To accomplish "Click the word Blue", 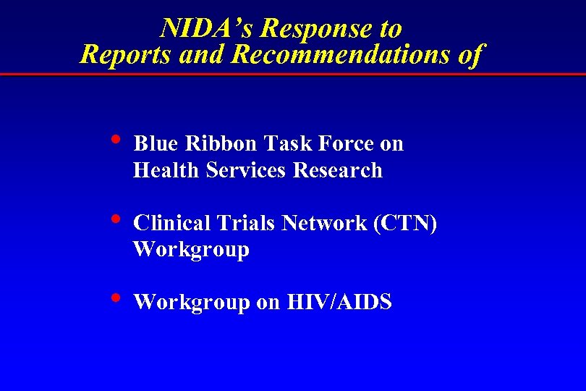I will [156, 144].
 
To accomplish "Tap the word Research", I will [339, 171].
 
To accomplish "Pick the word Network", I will [325, 223].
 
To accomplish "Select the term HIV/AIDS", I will [339, 302].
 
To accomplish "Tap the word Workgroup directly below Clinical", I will [191, 250].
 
